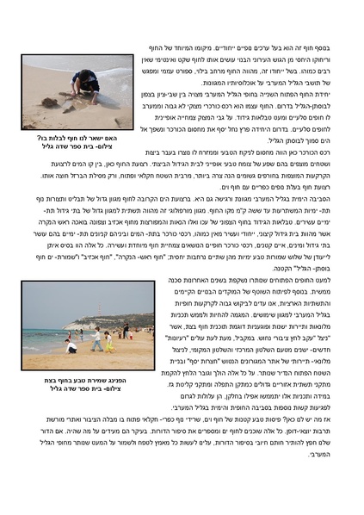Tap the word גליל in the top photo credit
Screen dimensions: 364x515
[38, 148]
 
